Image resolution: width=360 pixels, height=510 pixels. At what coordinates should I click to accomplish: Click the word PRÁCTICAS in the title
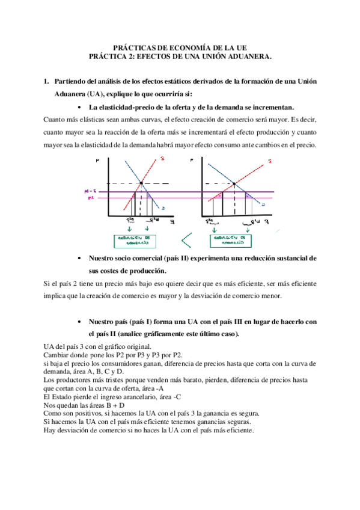134,47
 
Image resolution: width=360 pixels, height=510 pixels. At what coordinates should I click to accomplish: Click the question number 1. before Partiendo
47,81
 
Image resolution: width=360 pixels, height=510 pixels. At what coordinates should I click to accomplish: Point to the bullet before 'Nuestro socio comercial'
81,258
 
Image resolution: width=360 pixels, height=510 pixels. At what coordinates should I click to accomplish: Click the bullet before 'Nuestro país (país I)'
81,322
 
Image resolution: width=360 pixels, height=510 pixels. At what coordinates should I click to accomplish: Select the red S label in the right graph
269,161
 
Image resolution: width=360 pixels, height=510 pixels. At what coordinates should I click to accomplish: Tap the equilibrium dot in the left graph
141,183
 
